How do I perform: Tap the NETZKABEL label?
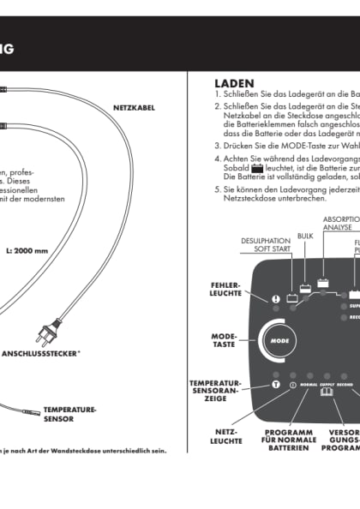tap(133, 107)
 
